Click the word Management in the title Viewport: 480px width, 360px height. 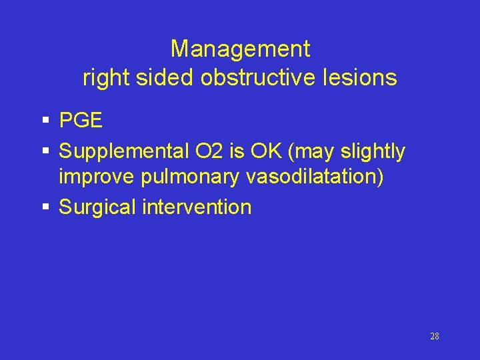click(x=240, y=49)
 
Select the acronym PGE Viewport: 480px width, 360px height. click(x=81, y=121)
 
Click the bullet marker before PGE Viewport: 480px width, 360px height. click(x=45, y=121)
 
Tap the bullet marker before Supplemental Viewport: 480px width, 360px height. click(x=45, y=152)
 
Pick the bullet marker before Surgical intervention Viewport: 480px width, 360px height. click(x=45, y=207)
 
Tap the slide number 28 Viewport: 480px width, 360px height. click(x=434, y=337)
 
